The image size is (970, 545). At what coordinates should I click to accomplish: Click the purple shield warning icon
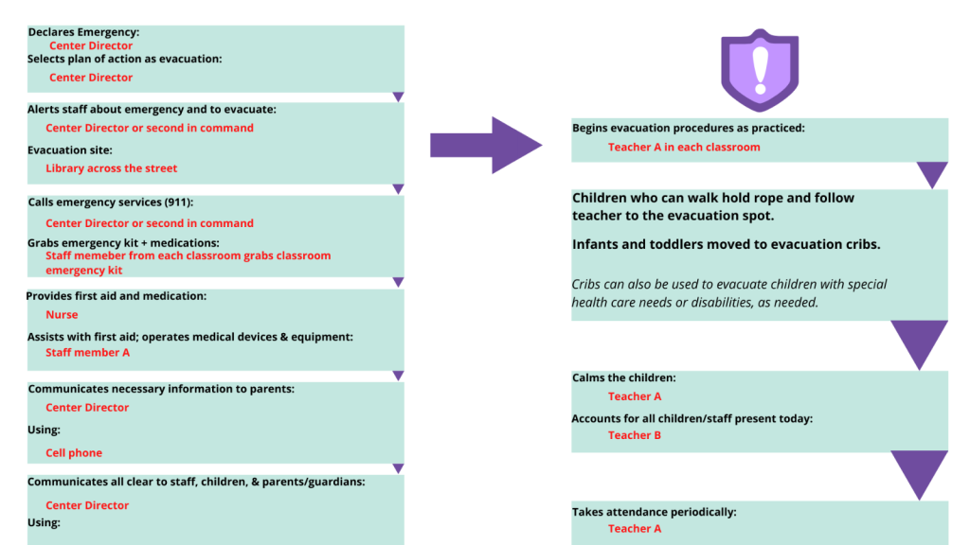pyautogui.click(x=760, y=70)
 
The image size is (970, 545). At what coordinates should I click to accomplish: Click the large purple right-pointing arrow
pyautogui.click(x=486, y=145)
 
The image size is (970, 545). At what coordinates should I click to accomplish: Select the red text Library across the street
pyautogui.click(x=112, y=168)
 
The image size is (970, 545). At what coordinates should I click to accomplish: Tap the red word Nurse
pyautogui.click(x=62, y=314)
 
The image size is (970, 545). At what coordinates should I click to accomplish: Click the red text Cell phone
pyautogui.click(x=74, y=453)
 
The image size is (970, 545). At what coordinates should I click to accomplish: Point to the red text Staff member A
pyautogui.click(x=88, y=352)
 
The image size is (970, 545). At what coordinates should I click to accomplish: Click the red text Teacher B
pyautogui.click(x=635, y=435)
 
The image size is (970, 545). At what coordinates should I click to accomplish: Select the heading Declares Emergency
pyautogui.click(x=83, y=32)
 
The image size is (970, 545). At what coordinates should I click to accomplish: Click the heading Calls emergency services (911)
pyautogui.click(x=111, y=202)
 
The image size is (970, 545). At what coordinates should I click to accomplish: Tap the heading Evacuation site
pyautogui.click(x=70, y=150)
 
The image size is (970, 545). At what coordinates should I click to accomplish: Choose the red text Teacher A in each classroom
pyautogui.click(x=684, y=147)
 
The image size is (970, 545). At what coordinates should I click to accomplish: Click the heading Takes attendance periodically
pyautogui.click(x=655, y=512)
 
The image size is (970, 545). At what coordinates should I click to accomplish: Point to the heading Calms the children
pyautogui.click(x=623, y=378)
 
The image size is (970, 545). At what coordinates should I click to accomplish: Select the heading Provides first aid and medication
pyautogui.click(x=117, y=296)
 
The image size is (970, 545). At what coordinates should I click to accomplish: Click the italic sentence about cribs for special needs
pyautogui.click(x=729, y=293)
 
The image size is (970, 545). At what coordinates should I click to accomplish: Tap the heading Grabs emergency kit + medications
pyautogui.click(x=123, y=243)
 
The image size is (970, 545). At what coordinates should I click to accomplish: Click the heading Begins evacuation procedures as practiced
pyautogui.click(x=689, y=128)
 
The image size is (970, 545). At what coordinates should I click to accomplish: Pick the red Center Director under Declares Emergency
pyautogui.click(x=91, y=45)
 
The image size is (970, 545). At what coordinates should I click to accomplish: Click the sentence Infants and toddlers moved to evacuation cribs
pyautogui.click(x=727, y=244)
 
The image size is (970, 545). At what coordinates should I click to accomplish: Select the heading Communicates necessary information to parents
pyautogui.click(x=161, y=389)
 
